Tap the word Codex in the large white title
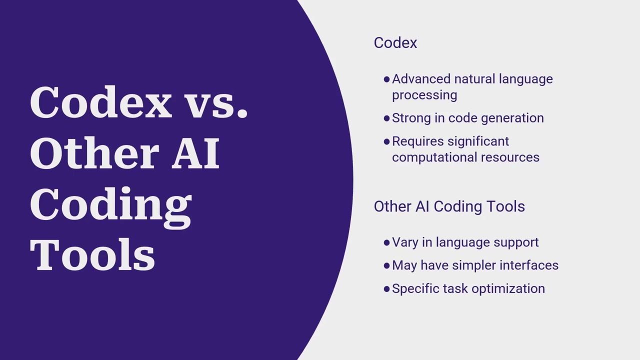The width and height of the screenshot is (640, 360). (x=101, y=102)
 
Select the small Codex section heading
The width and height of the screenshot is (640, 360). (x=395, y=43)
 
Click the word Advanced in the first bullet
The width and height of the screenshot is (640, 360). (x=421, y=79)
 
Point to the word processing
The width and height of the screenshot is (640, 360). (x=424, y=95)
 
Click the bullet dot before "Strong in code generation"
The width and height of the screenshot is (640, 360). (x=387, y=118)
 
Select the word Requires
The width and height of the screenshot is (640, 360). (x=417, y=141)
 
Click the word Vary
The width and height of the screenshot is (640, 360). (x=405, y=243)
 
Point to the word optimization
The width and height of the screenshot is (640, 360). (x=508, y=289)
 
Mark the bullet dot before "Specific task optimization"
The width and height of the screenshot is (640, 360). (x=387, y=289)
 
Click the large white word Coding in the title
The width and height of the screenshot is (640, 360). (x=110, y=207)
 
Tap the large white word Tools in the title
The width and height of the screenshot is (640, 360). (x=92, y=254)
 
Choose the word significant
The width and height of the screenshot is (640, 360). (x=478, y=141)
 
